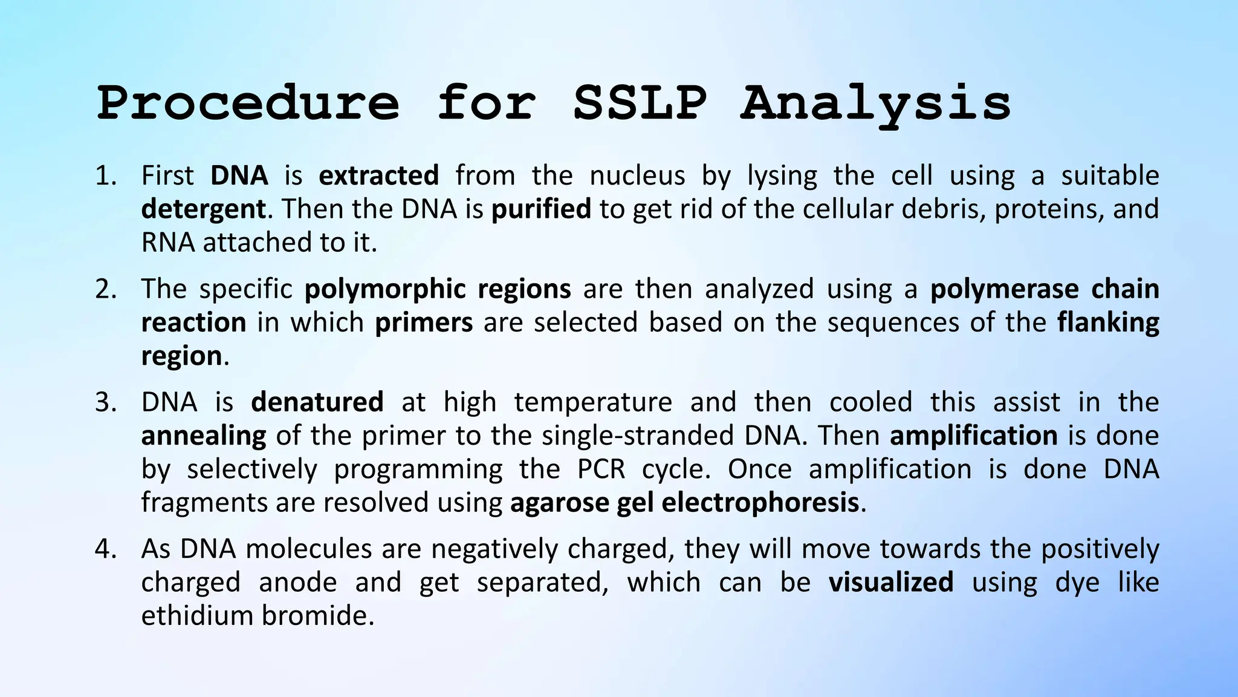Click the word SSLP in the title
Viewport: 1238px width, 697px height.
pos(640,103)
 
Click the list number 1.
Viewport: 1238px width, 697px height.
pos(105,176)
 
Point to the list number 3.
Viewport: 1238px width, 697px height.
pos(105,402)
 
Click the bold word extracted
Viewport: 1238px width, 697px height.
pos(378,176)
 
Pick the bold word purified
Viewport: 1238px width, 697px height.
pos(541,209)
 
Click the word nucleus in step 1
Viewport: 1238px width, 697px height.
pos(637,176)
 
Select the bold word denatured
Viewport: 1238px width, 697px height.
pos(317,402)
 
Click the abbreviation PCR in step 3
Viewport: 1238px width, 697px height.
pos(601,470)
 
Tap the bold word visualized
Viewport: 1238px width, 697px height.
pos(890,583)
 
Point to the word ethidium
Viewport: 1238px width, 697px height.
pos(197,616)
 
